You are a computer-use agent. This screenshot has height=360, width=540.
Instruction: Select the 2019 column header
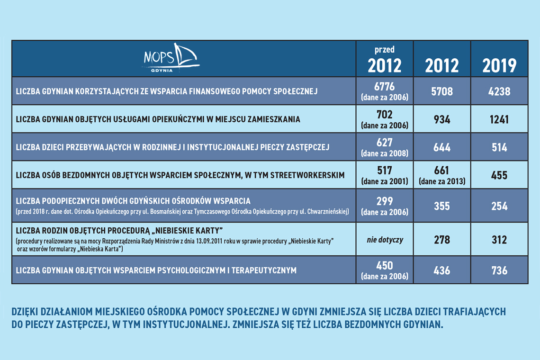click(499, 65)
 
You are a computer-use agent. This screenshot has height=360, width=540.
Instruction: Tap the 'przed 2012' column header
click(384, 59)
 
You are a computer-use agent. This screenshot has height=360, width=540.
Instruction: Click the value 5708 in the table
click(441, 91)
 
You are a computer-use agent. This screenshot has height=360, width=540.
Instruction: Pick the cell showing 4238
click(499, 91)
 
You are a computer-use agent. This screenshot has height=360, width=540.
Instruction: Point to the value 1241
click(499, 119)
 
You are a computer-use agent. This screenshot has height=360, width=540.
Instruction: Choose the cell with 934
click(441, 119)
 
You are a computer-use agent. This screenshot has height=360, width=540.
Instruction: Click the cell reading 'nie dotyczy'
click(385, 240)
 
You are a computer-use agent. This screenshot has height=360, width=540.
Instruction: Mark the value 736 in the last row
click(499, 270)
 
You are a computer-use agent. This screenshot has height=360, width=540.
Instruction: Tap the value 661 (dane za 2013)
click(441, 171)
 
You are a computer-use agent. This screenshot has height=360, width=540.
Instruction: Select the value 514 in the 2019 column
click(499, 147)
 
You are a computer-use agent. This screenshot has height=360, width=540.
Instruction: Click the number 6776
click(384, 87)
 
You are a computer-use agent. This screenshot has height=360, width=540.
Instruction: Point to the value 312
click(499, 240)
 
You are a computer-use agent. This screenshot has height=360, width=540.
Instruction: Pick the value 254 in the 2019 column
click(499, 207)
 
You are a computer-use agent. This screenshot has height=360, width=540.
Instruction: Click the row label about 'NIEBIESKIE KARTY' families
click(119, 231)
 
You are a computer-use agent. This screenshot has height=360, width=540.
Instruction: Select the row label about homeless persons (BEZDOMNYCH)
click(180, 175)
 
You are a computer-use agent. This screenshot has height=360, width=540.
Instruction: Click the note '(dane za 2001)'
click(384, 181)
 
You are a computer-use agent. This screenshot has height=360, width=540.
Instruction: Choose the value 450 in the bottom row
click(384, 266)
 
